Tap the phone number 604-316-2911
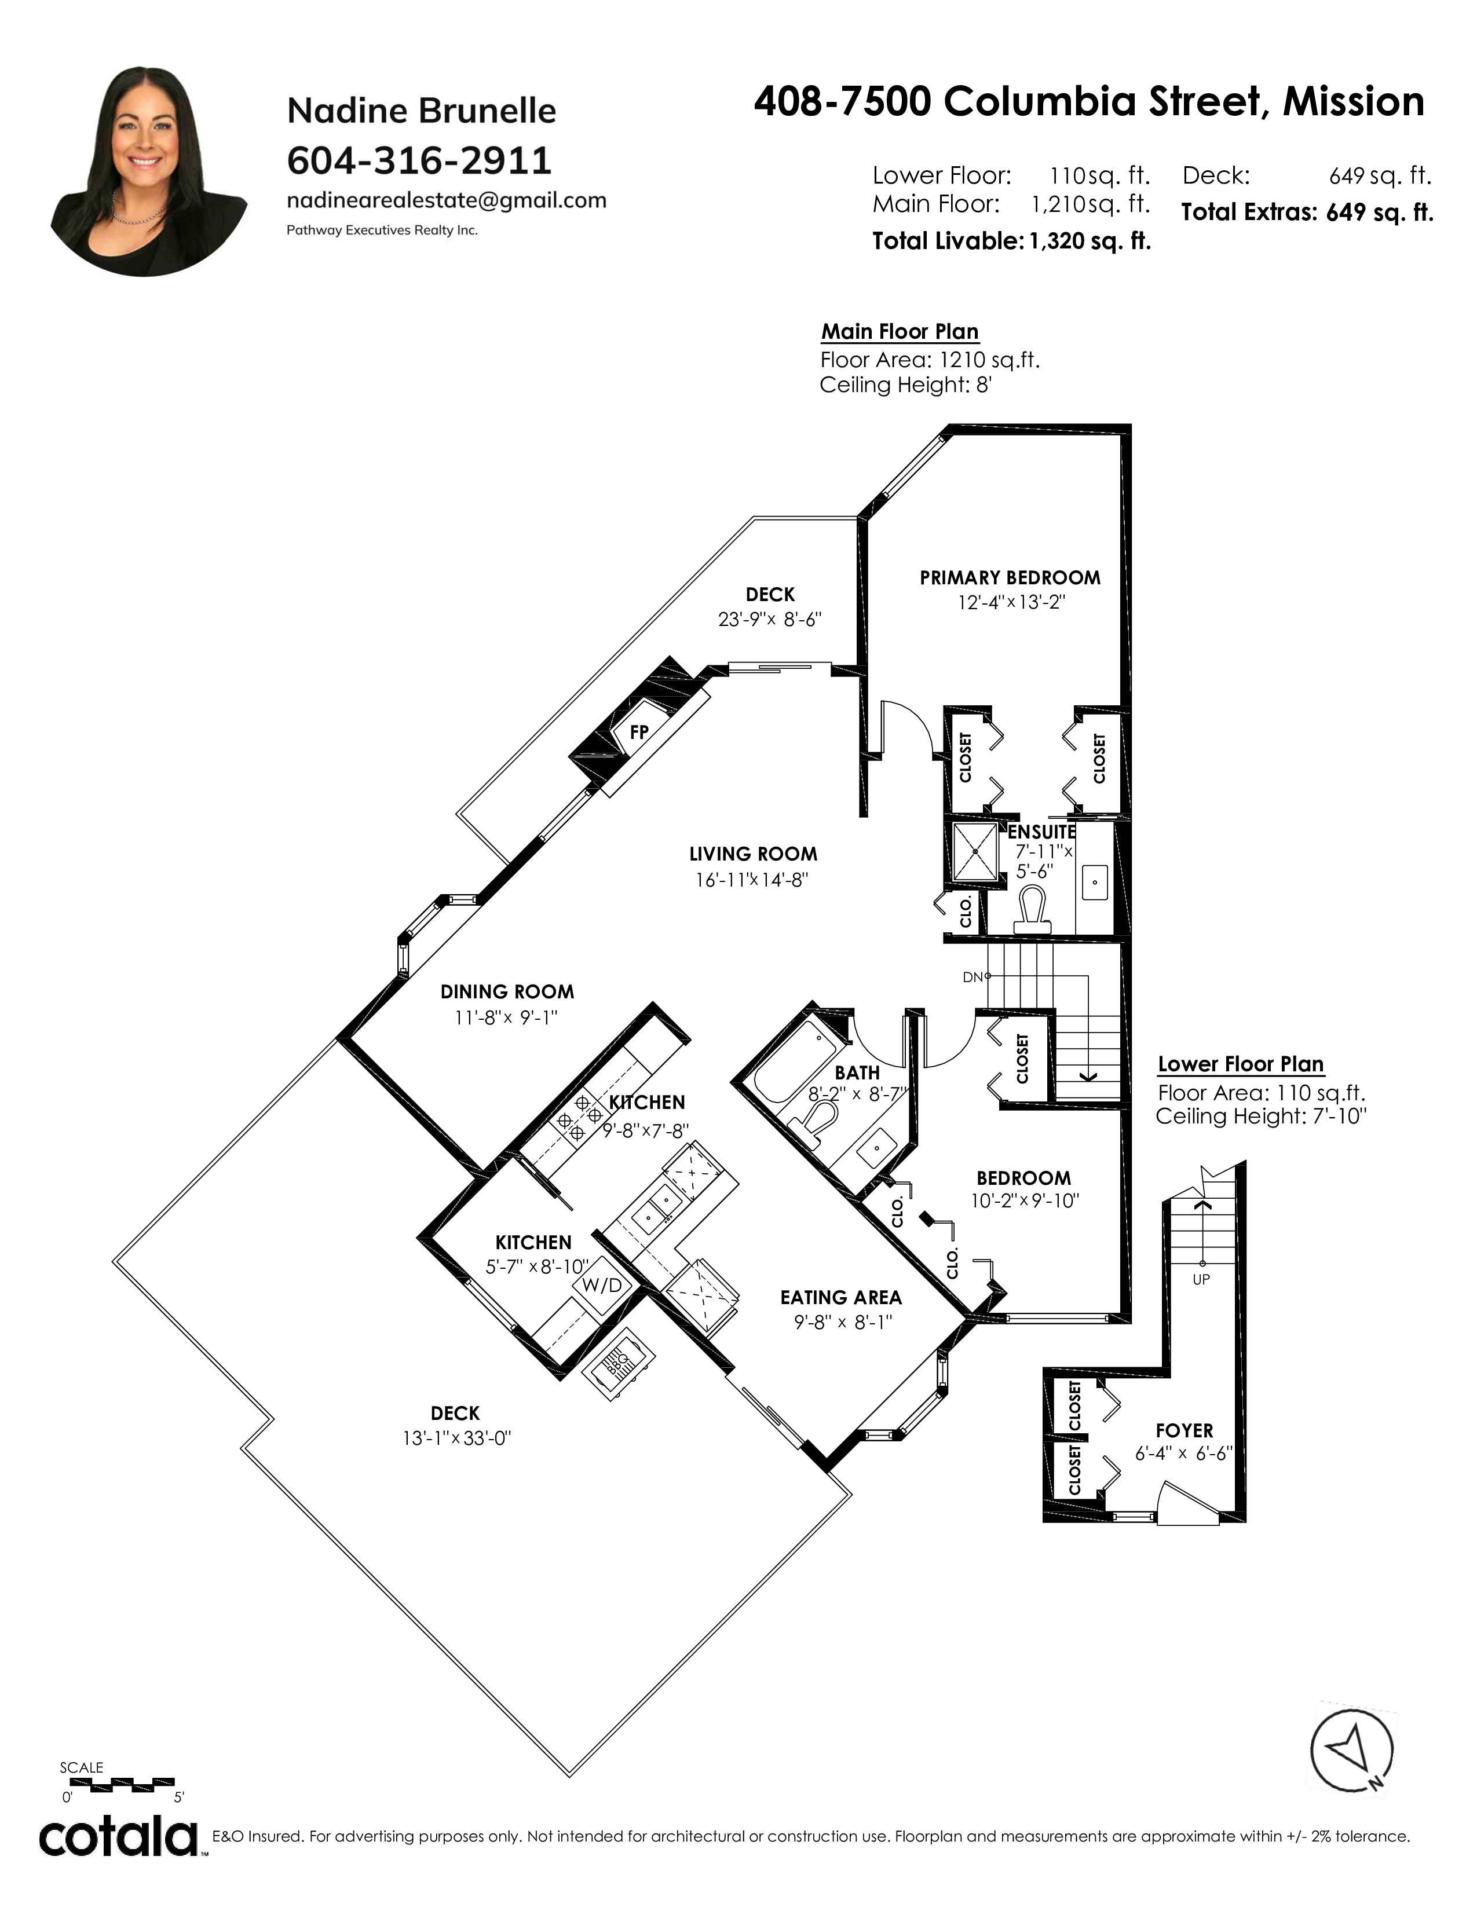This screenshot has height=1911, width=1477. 419,160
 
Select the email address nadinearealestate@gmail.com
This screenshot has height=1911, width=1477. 446,200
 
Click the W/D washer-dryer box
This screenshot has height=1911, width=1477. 602,1286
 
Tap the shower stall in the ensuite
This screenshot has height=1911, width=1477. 974,851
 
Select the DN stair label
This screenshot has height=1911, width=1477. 973,976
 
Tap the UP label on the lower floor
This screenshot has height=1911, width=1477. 1201,1279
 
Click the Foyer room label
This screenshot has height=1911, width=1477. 1184,1430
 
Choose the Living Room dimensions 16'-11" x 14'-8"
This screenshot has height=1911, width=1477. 752,880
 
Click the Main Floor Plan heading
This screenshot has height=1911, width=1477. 900,332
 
